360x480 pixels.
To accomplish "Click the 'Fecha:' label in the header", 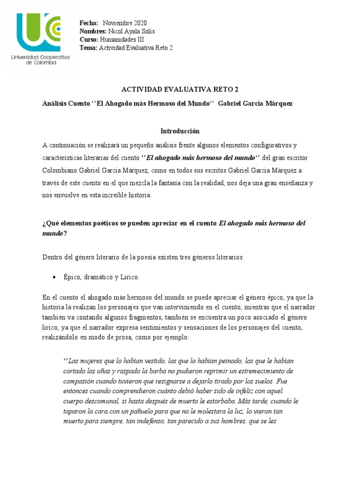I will click(x=89, y=23).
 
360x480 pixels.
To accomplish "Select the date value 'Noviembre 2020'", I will click(x=125, y=23).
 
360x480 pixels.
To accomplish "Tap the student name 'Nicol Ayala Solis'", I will click(x=131, y=31).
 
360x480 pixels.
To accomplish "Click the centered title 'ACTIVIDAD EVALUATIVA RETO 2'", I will click(x=180, y=90).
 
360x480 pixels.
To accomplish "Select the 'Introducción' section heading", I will click(x=180, y=131).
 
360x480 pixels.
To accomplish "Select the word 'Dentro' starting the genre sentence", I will click(x=52, y=257).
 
